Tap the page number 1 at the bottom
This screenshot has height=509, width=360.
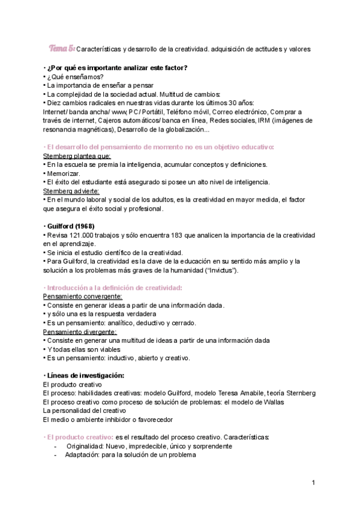[x=313, y=483]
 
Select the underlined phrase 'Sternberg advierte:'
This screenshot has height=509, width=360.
[x=68, y=191]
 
